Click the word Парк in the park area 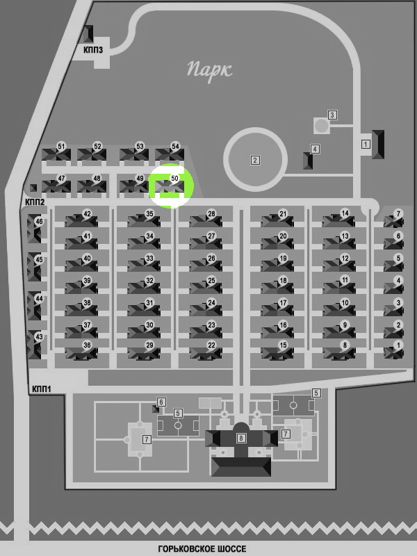click(210, 70)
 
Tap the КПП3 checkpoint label click(93, 49)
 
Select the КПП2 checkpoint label click(35, 202)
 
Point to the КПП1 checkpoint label click(42, 389)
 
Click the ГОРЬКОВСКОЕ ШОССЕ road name click(202, 549)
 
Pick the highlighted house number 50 click(174, 179)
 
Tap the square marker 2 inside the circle click(255, 161)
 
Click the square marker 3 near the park click(332, 115)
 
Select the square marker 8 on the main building click(241, 438)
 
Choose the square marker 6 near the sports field click(161, 402)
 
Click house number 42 click(87, 214)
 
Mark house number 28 click(211, 214)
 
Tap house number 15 click(283, 345)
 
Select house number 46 click(39, 222)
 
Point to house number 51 click(61, 147)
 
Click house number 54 click(175, 147)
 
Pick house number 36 click(87, 345)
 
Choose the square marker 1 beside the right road click(366, 145)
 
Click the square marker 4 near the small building click(315, 149)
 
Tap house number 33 click(149, 258)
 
